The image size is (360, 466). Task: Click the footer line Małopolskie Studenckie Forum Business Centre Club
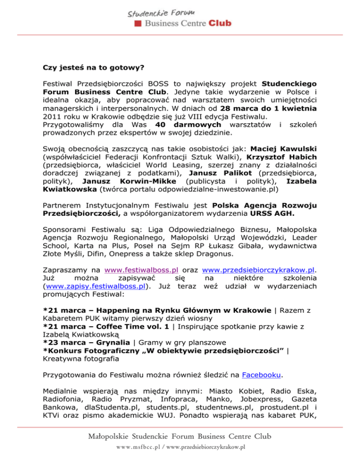click(180, 436)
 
